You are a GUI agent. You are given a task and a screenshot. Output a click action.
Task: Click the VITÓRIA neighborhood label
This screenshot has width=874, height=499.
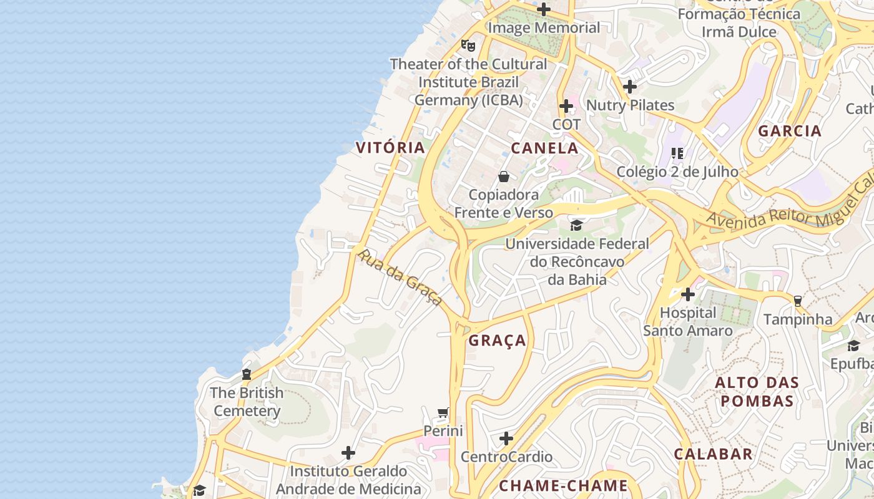[390, 148]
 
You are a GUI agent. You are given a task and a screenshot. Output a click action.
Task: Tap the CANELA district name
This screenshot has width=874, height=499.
[544, 148]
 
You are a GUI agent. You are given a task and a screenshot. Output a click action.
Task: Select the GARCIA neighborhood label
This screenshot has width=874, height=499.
[789, 131]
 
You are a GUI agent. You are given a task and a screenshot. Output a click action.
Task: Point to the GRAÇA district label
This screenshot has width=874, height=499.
[498, 341]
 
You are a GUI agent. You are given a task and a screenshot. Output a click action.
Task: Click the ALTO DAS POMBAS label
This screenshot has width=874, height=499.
[757, 392]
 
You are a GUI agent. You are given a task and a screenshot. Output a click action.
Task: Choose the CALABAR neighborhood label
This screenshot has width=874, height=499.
[713, 454]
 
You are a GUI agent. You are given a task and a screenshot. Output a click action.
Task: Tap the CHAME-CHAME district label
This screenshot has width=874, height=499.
[563, 485]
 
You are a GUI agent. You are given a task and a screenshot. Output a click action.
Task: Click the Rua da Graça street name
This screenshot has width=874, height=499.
[400, 278]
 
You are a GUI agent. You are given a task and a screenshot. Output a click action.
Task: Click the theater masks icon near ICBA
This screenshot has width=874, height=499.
[468, 45]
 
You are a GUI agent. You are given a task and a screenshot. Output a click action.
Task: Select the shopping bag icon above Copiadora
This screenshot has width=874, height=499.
[504, 177]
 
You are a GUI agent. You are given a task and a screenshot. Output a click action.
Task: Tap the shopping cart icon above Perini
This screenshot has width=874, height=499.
[443, 412]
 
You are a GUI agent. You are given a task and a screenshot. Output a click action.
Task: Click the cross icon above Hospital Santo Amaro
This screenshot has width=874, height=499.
[688, 294]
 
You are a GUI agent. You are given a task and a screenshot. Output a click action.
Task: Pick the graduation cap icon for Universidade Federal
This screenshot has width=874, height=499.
[576, 225]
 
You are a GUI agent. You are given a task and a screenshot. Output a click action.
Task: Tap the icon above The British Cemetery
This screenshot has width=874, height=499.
[247, 374]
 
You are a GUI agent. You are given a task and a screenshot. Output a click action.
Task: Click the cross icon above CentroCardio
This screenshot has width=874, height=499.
[506, 438]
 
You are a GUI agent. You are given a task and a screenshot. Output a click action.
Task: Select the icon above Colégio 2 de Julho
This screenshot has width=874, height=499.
[677, 153]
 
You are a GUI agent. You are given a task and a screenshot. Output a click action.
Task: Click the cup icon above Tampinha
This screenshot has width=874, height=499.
[797, 301]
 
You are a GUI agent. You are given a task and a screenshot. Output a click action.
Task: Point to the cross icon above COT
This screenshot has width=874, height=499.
[566, 106]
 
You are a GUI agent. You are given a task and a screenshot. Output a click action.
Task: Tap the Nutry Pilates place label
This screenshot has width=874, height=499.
[631, 105]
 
